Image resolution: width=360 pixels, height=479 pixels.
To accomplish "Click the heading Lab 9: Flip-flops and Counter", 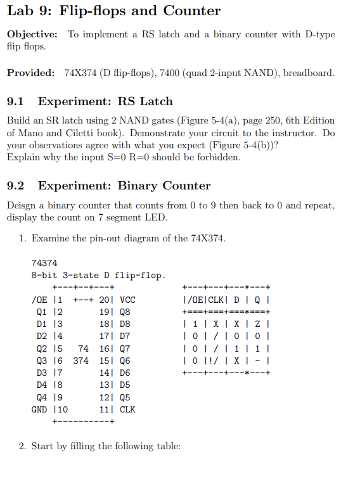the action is tap(113, 11).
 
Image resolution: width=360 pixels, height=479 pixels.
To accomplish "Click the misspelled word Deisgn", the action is tap(22, 205).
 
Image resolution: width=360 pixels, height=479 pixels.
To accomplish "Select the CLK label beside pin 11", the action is tap(127, 409).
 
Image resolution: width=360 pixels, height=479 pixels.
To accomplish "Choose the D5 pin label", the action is tap(125, 385).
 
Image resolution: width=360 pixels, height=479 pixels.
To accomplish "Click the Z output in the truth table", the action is tap(260, 323).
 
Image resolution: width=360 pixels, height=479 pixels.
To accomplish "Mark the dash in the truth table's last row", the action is tap(260, 360).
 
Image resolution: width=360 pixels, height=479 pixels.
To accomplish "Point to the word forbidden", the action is tap(219, 157).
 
